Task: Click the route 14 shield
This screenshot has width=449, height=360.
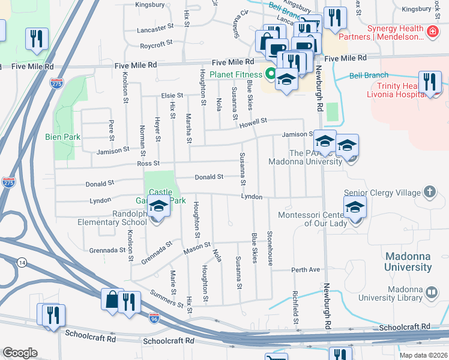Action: [22, 262]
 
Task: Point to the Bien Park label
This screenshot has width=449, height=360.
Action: [63, 137]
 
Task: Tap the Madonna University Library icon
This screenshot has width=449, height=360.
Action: [430, 293]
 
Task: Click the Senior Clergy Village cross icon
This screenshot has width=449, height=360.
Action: [430, 192]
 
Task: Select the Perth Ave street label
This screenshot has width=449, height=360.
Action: [306, 269]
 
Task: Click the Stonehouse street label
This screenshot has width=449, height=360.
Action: [270, 248]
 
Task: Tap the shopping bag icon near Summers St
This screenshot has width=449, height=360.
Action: [112, 299]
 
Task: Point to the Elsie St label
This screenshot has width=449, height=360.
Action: [172, 95]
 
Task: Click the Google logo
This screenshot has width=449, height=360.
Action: [20, 353]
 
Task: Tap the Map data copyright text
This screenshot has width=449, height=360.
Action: [424, 355]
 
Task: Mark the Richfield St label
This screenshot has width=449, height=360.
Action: [295, 304]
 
